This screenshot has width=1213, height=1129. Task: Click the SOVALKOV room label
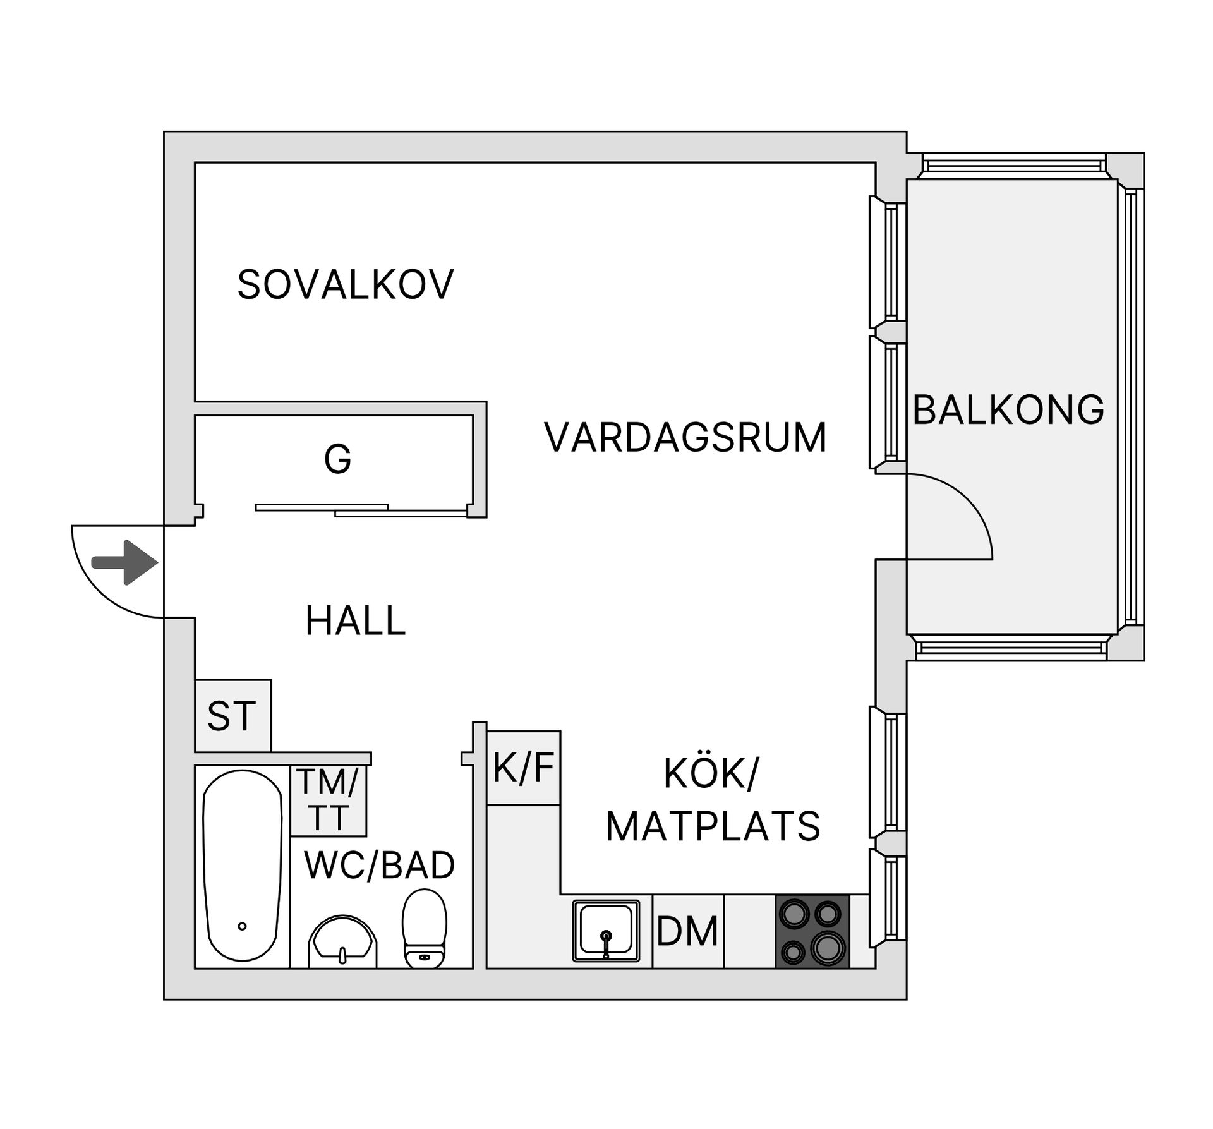pos(346,284)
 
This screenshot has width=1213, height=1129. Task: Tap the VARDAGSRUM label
pos(685,437)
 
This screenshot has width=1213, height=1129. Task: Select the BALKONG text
pos(1008,409)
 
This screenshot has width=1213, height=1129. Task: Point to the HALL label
pos(355,620)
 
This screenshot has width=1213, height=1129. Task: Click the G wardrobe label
pos(337,459)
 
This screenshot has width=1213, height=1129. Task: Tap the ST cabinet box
pos(232,716)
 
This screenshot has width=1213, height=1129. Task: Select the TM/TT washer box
pos(328,800)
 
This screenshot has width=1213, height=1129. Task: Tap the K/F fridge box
pos(523,768)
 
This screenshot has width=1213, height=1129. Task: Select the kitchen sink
pos(606,931)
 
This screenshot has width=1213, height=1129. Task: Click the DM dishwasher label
pos(687,931)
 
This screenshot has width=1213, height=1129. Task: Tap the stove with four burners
pos(812,931)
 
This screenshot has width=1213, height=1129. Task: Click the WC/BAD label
pos(379,866)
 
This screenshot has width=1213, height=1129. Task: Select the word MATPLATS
pos(713,826)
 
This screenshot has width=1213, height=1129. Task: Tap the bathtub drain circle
pos(242,926)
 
